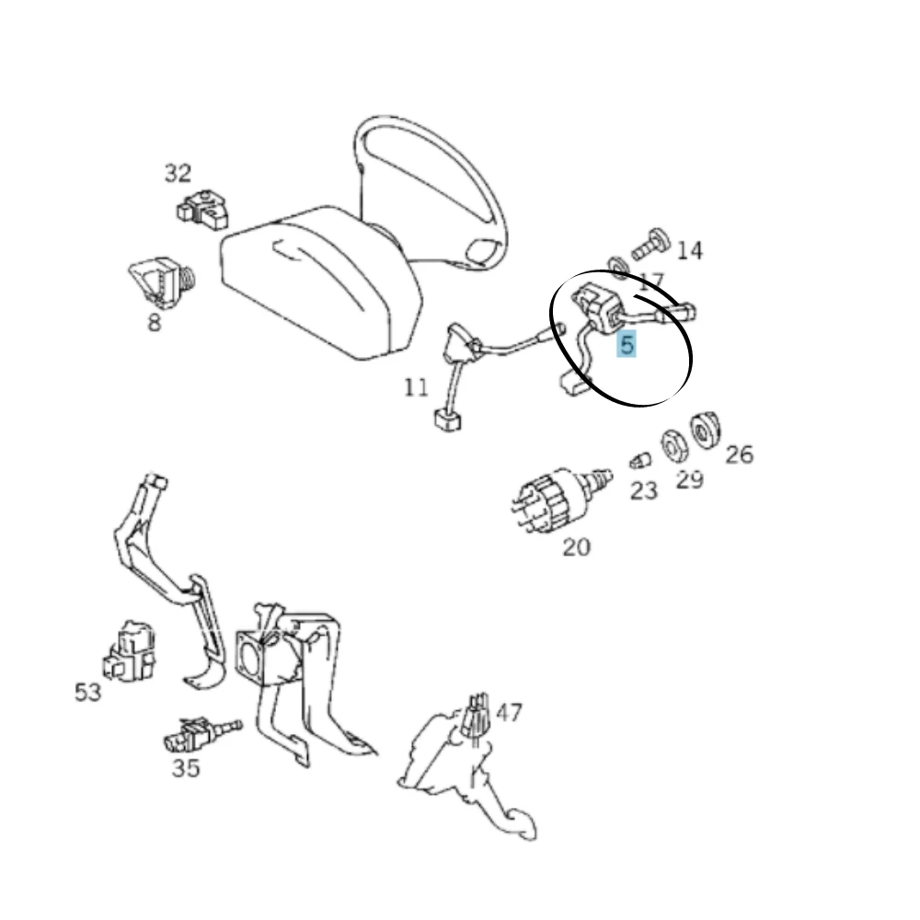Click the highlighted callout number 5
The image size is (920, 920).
pos(627,344)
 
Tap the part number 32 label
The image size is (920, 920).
pos(178,173)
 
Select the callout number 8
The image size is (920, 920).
pos(154,322)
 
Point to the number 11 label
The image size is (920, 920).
pos(417,387)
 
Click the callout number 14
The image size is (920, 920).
pos(689,250)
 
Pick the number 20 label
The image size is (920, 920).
pos(576,547)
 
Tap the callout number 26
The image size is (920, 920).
pos(740,454)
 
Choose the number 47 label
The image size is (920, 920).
pos(509,712)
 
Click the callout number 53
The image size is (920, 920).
pos(88,693)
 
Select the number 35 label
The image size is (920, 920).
pos(186,768)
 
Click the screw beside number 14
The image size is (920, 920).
pos(651,244)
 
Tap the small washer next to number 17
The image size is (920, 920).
pos(618,267)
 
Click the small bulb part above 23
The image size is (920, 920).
pos(640,461)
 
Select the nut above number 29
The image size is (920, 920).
pos(674,446)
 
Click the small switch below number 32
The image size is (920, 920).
pos(203,210)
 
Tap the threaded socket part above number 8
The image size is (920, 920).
pos(162,282)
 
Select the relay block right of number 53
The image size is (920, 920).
pos(130,652)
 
